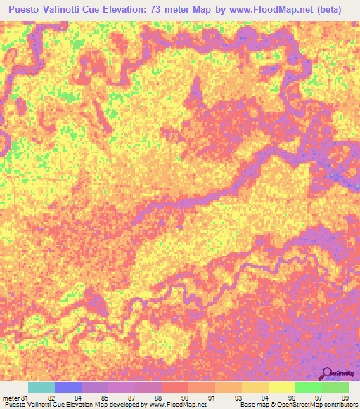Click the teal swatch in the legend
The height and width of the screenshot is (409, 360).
click(x=41, y=387)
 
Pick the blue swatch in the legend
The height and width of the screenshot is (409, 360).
click(x=67, y=387)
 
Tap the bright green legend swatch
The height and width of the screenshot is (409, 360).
click(x=308, y=387)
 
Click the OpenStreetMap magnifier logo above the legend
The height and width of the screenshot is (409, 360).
click(x=328, y=373)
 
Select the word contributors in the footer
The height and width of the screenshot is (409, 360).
click(x=337, y=405)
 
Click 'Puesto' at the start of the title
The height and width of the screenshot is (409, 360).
click(x=24, y=9)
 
